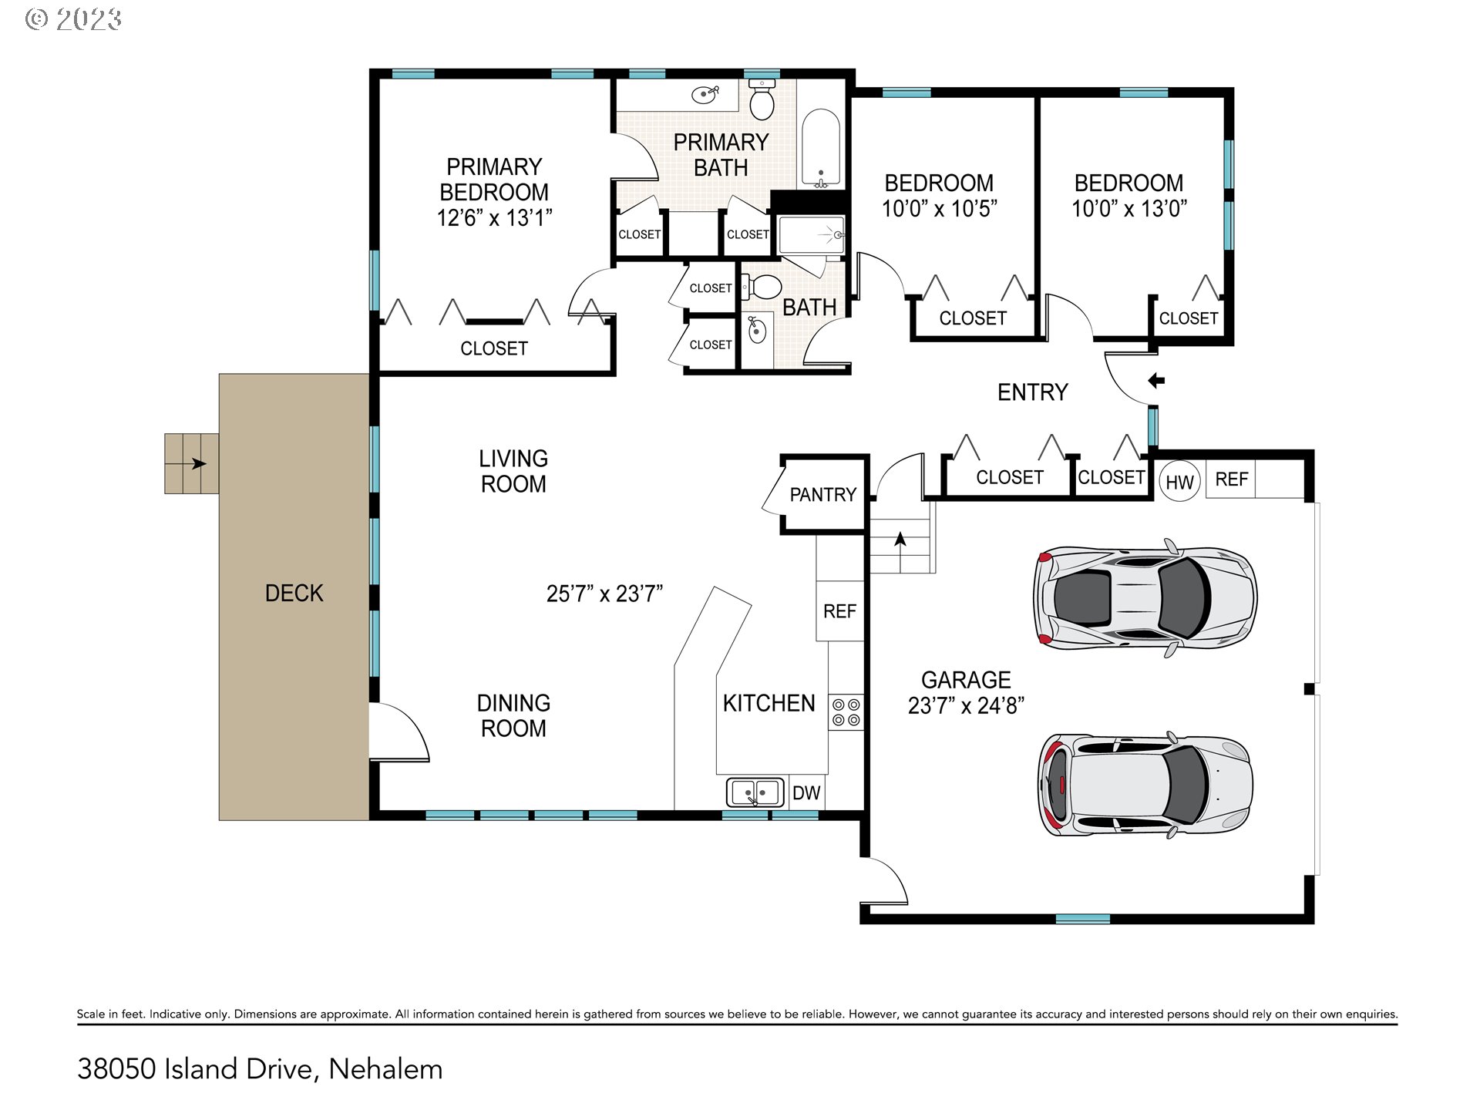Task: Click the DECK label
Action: pyautogui.click(x=294, y=593)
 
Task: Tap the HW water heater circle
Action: pyautogui.click(x=1179, y=482)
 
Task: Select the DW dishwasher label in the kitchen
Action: pyautogui.click(x=806, y=793)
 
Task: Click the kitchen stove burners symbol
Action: pyautogui.click(x=846, y=712)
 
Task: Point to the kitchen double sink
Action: pyautogui.click(x=755, y=792)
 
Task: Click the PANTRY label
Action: pyautogui.click(x=822, y=495)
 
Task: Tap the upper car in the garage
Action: pyautogui.click(x=1145, y=597)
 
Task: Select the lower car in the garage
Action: pyautogui.click(x=1145, y=785)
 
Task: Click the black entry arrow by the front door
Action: pyautogui.click(x=1156, y=380)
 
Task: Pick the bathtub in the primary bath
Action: pyautogui.click(x=821, y=149)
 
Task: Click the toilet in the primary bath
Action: pyautogui.click(x=762, y=100)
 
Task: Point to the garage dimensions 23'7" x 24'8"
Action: pyautogui.click(x=966, y=705)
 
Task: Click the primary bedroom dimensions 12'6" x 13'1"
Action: pyautogui.click(x=494, y=218)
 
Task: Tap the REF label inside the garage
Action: pyautogui.click(x=1231, y=479)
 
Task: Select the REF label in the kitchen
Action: pyautogui.click(x=839, y=611)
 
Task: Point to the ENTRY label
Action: pyautogui.click(x=1033, y=392)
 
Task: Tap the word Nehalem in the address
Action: pyautogui.click(x=385, y=1069)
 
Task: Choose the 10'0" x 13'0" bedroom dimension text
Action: pyautogui.click(x=1129, y=208)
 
